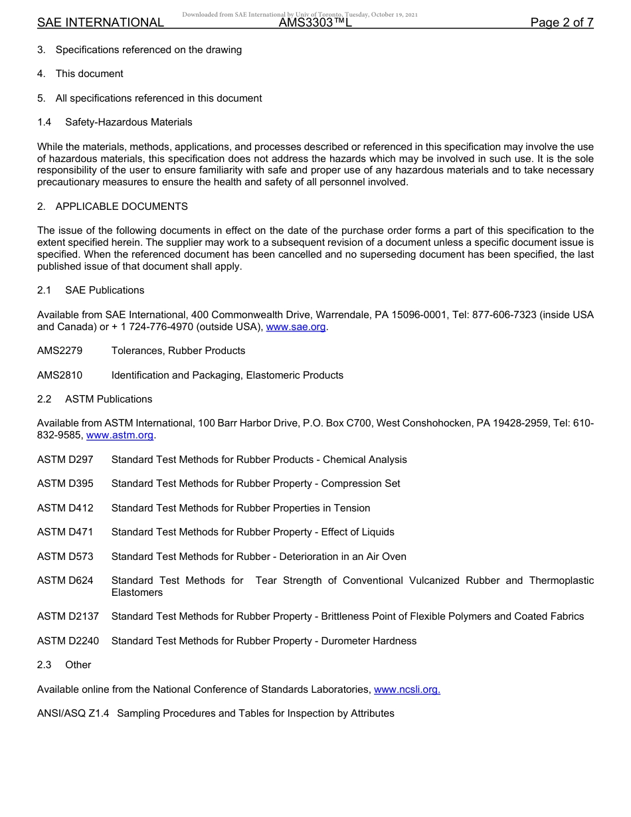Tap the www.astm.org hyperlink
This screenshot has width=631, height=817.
pos(120,435)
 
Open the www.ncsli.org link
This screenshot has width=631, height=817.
pos(406,689)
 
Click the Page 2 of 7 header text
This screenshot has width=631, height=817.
pos(562,23)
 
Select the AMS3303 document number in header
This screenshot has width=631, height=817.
pos(315,23)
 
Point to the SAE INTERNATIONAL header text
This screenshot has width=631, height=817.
pos(100,23)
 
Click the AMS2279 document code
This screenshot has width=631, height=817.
pos(60,351)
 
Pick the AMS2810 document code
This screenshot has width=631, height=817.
pos(60,375)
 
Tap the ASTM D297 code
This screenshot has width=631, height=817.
pos(65,460)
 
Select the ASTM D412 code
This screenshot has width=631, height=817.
pos(65,508)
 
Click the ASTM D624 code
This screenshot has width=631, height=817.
pos(65,581)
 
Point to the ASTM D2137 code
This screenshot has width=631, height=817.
pos(68,616)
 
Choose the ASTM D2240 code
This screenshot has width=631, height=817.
pos(68,641)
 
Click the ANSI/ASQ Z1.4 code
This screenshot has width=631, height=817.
pos(74,713)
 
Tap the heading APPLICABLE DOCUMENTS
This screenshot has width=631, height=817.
pos(122,207)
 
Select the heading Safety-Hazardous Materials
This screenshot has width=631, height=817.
pos(129,122)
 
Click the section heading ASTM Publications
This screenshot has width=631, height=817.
pos(108,399)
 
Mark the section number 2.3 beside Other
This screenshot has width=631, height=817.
pos(45,665)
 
